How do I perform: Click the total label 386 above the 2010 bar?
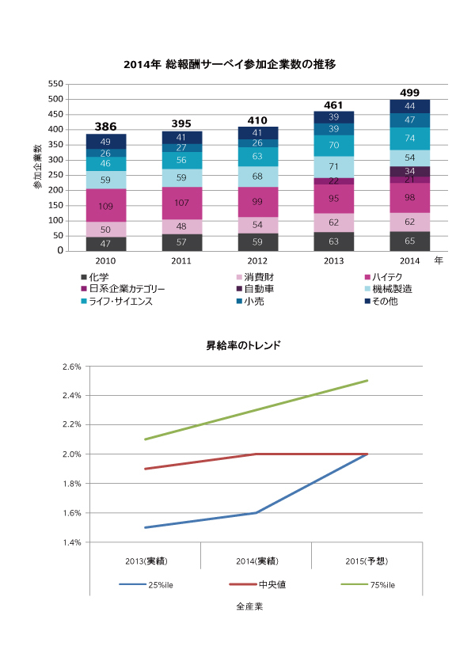(105, 127)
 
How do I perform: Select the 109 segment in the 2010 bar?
(105, 205)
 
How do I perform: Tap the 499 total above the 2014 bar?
(409, 93)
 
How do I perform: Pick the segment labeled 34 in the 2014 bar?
(409, 171)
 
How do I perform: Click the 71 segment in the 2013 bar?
(333, 167)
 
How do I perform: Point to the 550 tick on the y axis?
(55, 84)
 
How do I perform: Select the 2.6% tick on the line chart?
(71, 367)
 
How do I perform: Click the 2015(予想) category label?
(367, 561)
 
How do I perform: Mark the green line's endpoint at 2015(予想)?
(367, 381)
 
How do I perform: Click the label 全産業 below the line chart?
(249, 607)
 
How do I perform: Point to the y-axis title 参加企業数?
(37, 167)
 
